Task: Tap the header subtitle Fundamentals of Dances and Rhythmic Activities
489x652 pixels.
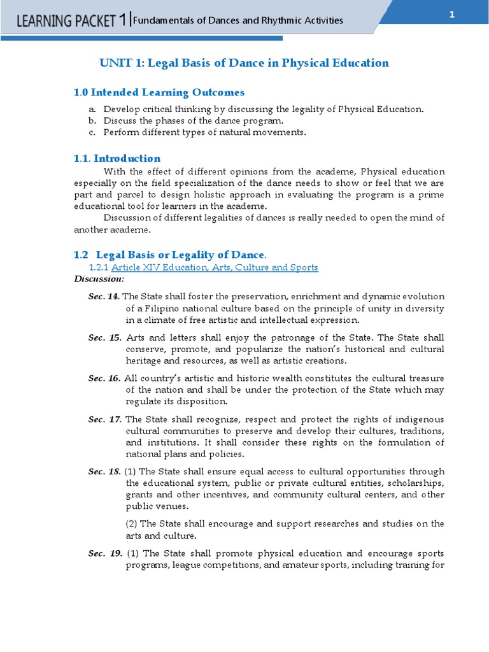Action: pyautogui.click(x=238, y=20)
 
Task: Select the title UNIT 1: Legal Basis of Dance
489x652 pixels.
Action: pyautogui.click(x=244, y=62)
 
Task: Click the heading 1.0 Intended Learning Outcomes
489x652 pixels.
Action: pyautogui.click(x=159, y=92)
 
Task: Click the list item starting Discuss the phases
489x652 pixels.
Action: pyautogui.click(x=194, y=120)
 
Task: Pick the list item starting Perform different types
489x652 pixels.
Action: pyautogui.click(x=204, y=132)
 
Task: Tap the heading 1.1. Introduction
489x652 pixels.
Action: pyautogui.click(x=117, y=159)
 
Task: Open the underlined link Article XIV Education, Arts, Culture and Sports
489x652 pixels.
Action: pyautogui.click(x=215, y=267)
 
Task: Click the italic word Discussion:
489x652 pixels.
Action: pyautogui.click(x=99, y=279)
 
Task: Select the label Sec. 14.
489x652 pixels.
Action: pyautogui.click(x=104, y=297)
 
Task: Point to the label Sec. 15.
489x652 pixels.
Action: pyautogui.click(x=104, y=337)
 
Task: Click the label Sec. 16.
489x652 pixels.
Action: pyautogui.click(x=104, y=378)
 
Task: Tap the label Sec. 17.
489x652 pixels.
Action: pyautogui.click(x=104, y=419)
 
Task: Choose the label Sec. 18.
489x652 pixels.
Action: pyautogui.click(x=104, y=471)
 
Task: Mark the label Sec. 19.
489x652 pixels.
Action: pyautogui.click(x=104, y=553)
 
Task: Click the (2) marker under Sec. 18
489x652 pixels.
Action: pyautogui.click(x=131, y=523)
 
